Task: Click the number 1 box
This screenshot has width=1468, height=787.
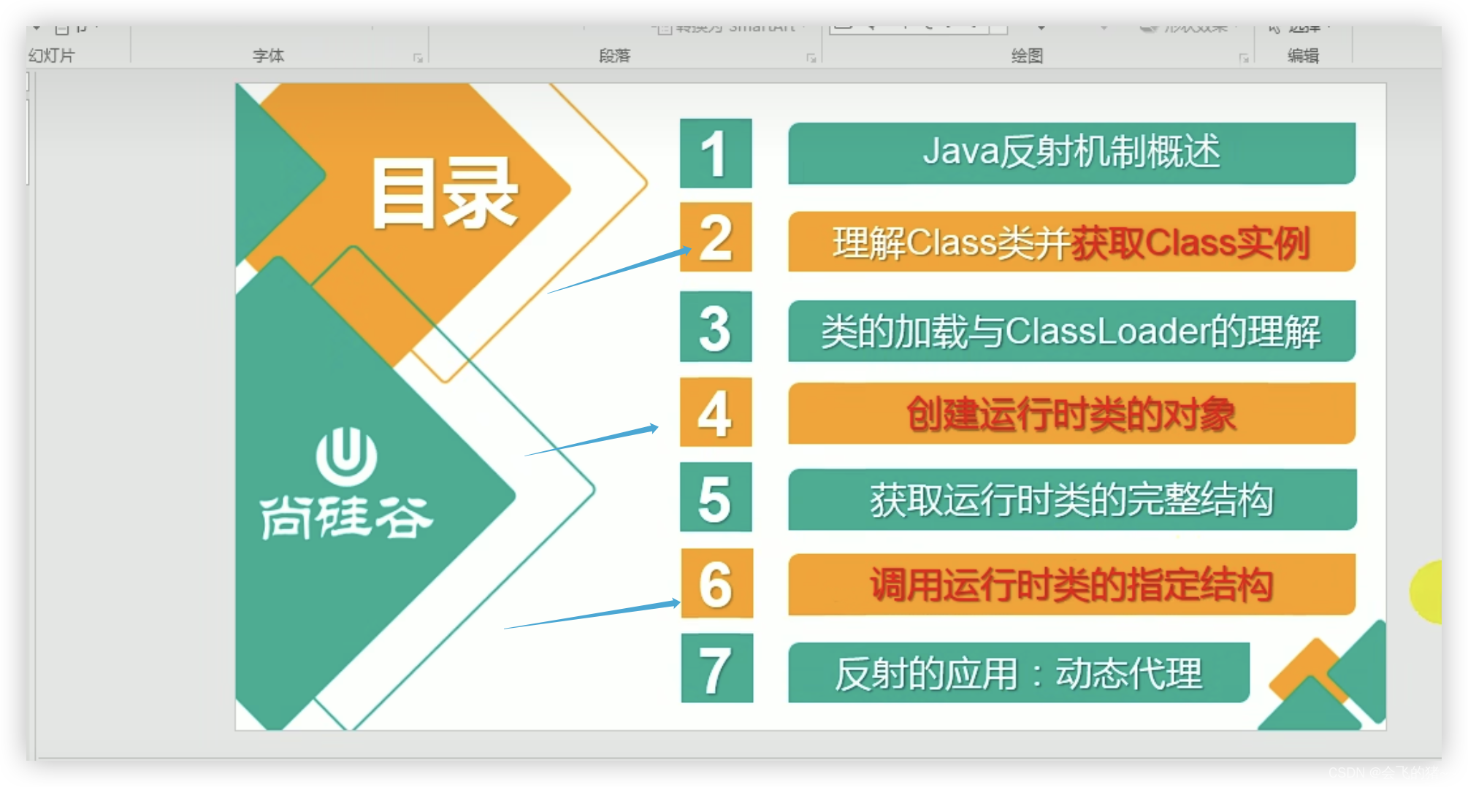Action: (715, 153)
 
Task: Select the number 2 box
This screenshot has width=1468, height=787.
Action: (716, 237)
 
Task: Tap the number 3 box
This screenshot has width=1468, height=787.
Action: (716, 326)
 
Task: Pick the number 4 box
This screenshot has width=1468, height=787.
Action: (716, 412)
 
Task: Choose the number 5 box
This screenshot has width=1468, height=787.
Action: (716, 498)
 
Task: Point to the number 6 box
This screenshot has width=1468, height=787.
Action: (716, 584)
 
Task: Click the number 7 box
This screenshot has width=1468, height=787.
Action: (716, 669)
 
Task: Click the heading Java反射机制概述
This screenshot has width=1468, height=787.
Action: (1071, 153)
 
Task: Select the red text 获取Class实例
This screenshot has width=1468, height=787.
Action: (1190, 243)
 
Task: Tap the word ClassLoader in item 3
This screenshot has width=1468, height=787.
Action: (1106, 331)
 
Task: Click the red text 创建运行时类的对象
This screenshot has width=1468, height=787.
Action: (1071, 414)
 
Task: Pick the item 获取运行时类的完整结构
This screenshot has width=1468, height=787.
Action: (1071, 500)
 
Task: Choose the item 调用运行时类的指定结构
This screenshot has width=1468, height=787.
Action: (1071, 585)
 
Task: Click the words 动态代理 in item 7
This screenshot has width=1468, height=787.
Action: (1128, 673)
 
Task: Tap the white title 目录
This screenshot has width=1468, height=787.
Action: (444, 194)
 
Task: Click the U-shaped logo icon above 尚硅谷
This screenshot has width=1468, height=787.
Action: (346, 457)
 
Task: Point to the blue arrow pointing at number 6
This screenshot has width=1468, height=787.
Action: (592, 615)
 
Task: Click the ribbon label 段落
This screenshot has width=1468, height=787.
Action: (613, 55)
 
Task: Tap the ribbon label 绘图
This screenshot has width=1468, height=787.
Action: (1026, 55)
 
